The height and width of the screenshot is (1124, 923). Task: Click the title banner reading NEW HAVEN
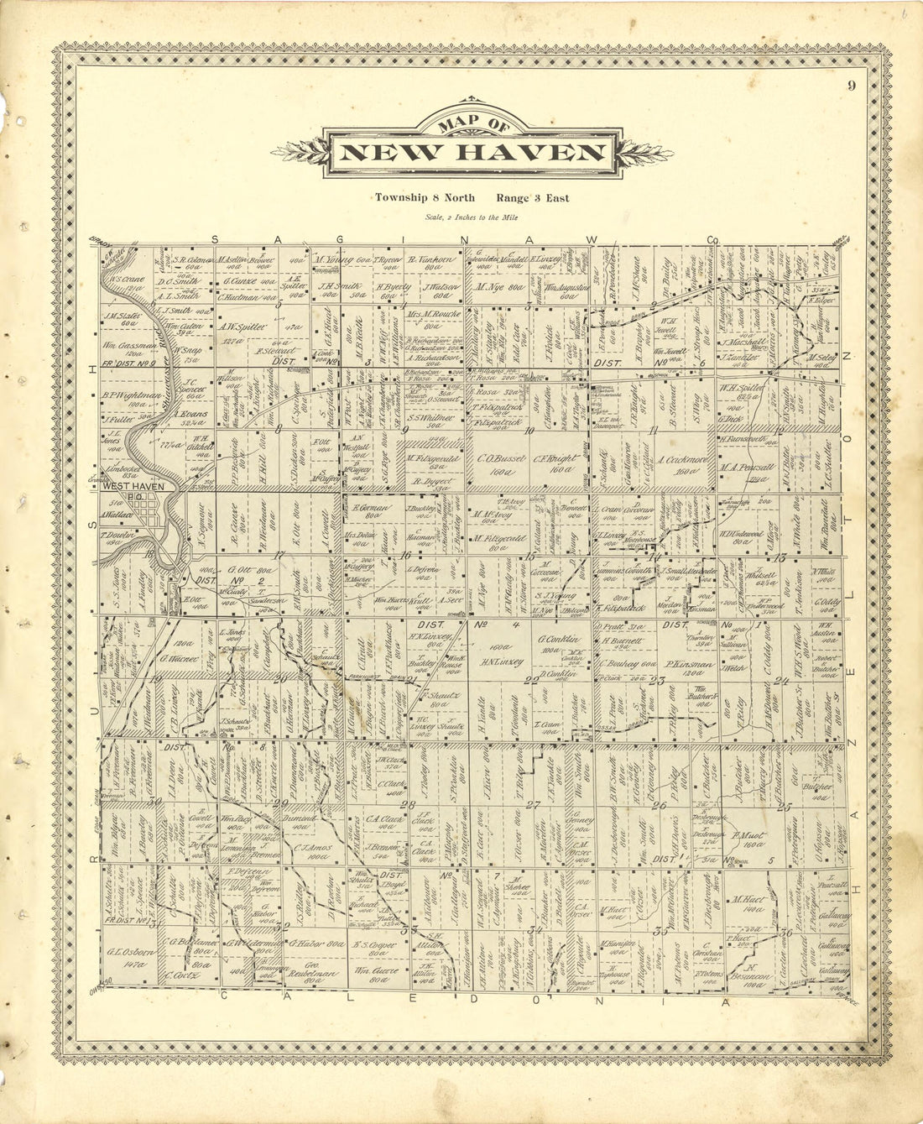click(x=473, y=153)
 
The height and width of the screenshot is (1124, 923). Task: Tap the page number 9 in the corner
click(x=851, y=84)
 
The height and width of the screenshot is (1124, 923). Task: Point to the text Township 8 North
click(x=425, y=198)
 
